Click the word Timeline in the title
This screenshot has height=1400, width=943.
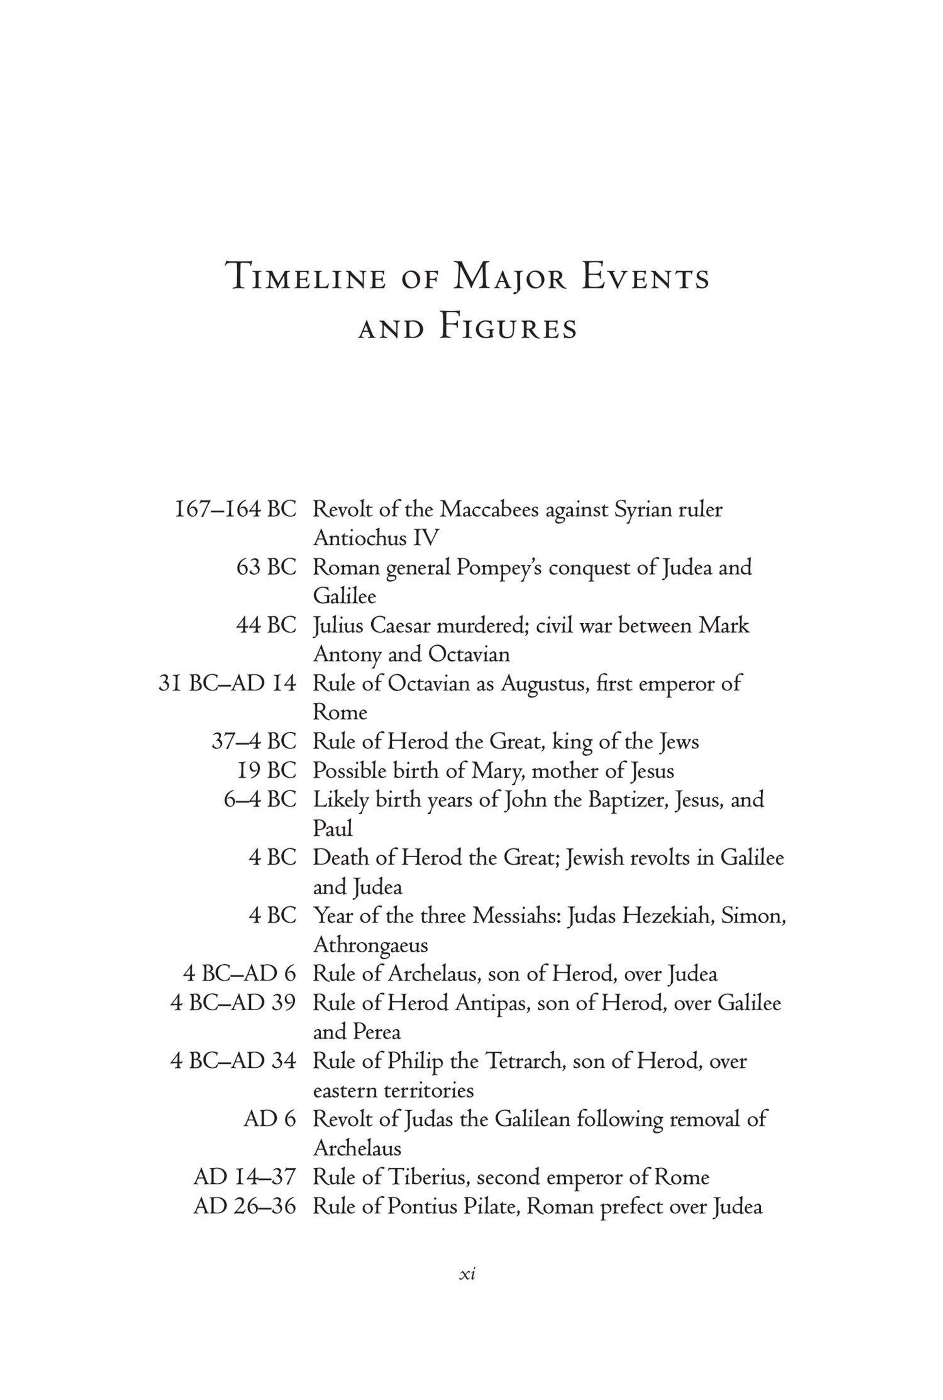[306, 278]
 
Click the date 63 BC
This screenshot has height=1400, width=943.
[266, 567]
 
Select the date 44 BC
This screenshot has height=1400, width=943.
[266, 625]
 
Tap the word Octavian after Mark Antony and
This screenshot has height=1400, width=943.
[469, 654]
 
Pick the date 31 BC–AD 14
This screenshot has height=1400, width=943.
[227, 684]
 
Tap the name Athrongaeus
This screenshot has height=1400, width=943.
[371, 945]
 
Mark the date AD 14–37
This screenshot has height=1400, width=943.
[245, 1178]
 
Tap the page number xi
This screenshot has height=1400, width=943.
[467, 1274]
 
